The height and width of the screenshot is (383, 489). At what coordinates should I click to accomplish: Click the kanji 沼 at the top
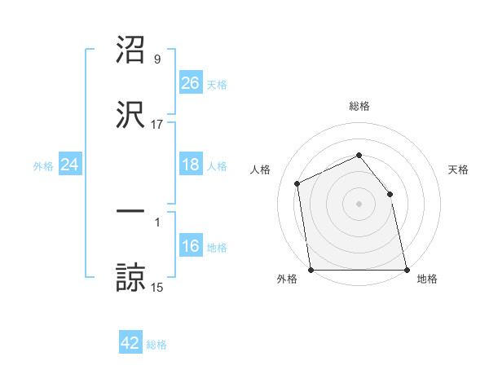130,51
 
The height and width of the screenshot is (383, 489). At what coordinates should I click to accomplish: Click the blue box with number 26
191,82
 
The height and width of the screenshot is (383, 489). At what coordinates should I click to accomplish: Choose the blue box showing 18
191,165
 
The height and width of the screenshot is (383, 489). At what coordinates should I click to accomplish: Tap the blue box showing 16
191,246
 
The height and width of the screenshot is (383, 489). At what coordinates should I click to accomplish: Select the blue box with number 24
70,165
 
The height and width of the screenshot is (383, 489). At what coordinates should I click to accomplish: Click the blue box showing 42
130,343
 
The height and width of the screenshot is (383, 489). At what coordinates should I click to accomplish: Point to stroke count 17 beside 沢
157,125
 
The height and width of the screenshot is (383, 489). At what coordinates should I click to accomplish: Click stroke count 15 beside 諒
157,287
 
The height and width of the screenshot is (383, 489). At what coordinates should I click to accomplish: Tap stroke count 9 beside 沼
157,59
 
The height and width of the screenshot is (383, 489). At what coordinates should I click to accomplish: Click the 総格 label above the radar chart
359,106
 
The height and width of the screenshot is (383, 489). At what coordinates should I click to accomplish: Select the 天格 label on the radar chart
459,169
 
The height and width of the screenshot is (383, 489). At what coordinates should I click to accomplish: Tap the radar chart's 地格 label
427,280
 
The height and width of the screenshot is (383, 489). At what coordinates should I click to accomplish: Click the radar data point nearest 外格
311,270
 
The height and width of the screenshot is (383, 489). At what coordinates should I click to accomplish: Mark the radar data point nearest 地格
407,270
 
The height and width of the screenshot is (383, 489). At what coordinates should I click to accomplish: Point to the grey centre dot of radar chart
359,204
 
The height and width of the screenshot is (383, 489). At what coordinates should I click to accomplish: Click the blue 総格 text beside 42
157,345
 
